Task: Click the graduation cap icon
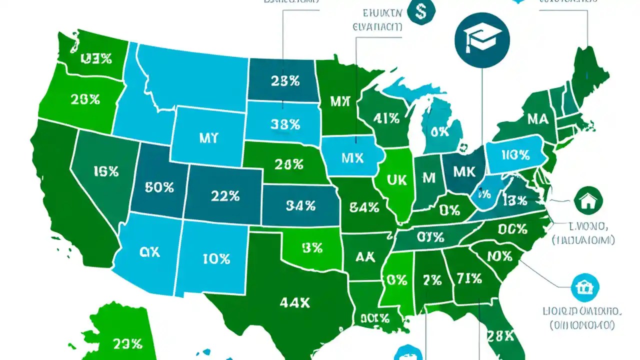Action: click(482, 39)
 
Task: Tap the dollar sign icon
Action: click(421, 12)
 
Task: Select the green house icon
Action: click(589, 201)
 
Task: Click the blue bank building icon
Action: click(584, 287)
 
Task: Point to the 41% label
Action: click(386, 118)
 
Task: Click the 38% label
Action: click(285, 124)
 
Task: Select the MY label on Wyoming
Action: click(208, 138)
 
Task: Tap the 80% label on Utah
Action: click(159, 187)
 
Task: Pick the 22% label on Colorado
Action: click(225, 196)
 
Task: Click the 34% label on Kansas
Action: click(300, 205)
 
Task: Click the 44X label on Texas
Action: click(295, 302)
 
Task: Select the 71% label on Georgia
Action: click(468, 278)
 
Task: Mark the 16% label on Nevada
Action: click(106, 171)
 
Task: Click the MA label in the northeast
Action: click(537, 119)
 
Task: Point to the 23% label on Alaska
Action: click(127, 343)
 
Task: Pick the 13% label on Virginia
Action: click(514, 201)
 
